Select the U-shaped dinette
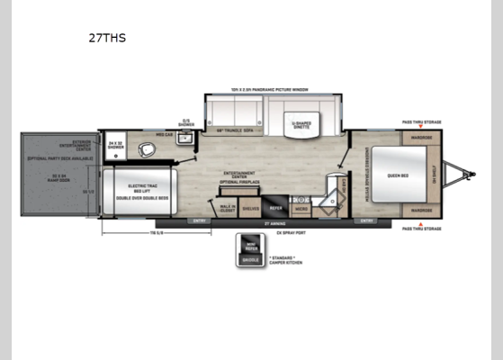(x=301, y=126)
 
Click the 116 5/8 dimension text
(x=157, y=232)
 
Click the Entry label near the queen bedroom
(x=366, y=220)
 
